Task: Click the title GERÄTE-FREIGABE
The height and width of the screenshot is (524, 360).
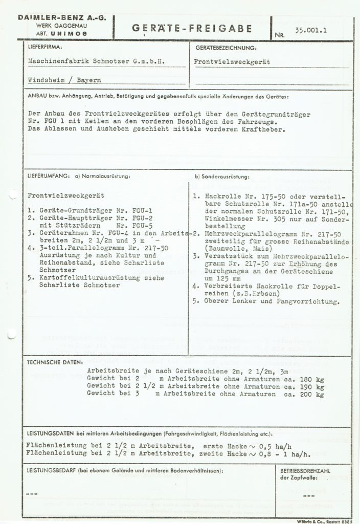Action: (192, 29)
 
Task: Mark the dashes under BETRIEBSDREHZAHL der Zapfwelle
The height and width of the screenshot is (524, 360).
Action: (308, 495)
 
